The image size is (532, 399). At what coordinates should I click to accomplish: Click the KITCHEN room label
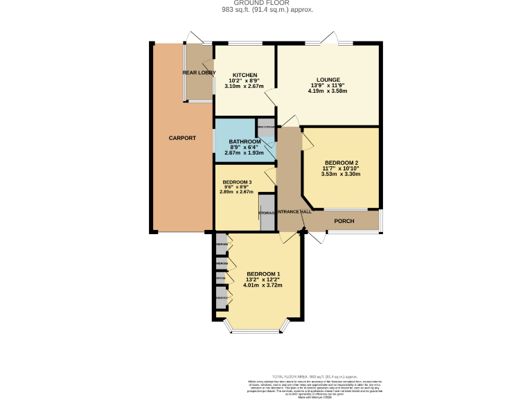tap(245, 75)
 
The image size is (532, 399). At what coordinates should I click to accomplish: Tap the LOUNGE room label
tap(328, 80)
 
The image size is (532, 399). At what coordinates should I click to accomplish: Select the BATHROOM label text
tap(245, 141)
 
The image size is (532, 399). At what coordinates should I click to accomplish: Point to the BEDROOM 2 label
tap(341, 163)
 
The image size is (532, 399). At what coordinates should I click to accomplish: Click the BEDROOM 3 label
tap(237, 181)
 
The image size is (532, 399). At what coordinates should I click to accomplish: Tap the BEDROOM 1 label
tap(263, 273)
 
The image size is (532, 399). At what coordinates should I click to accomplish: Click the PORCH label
tap(344, 221)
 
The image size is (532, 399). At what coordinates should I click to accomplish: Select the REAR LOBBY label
tap(199, 73)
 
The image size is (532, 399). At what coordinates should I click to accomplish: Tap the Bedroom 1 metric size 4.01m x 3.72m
tap(263, 285)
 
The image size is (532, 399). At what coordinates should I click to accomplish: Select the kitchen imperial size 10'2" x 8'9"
tap(245, 81)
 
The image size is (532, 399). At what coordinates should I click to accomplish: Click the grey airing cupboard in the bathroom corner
tap(266, 127)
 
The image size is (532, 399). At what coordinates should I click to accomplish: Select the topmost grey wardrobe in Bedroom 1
tap(221, 245)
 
